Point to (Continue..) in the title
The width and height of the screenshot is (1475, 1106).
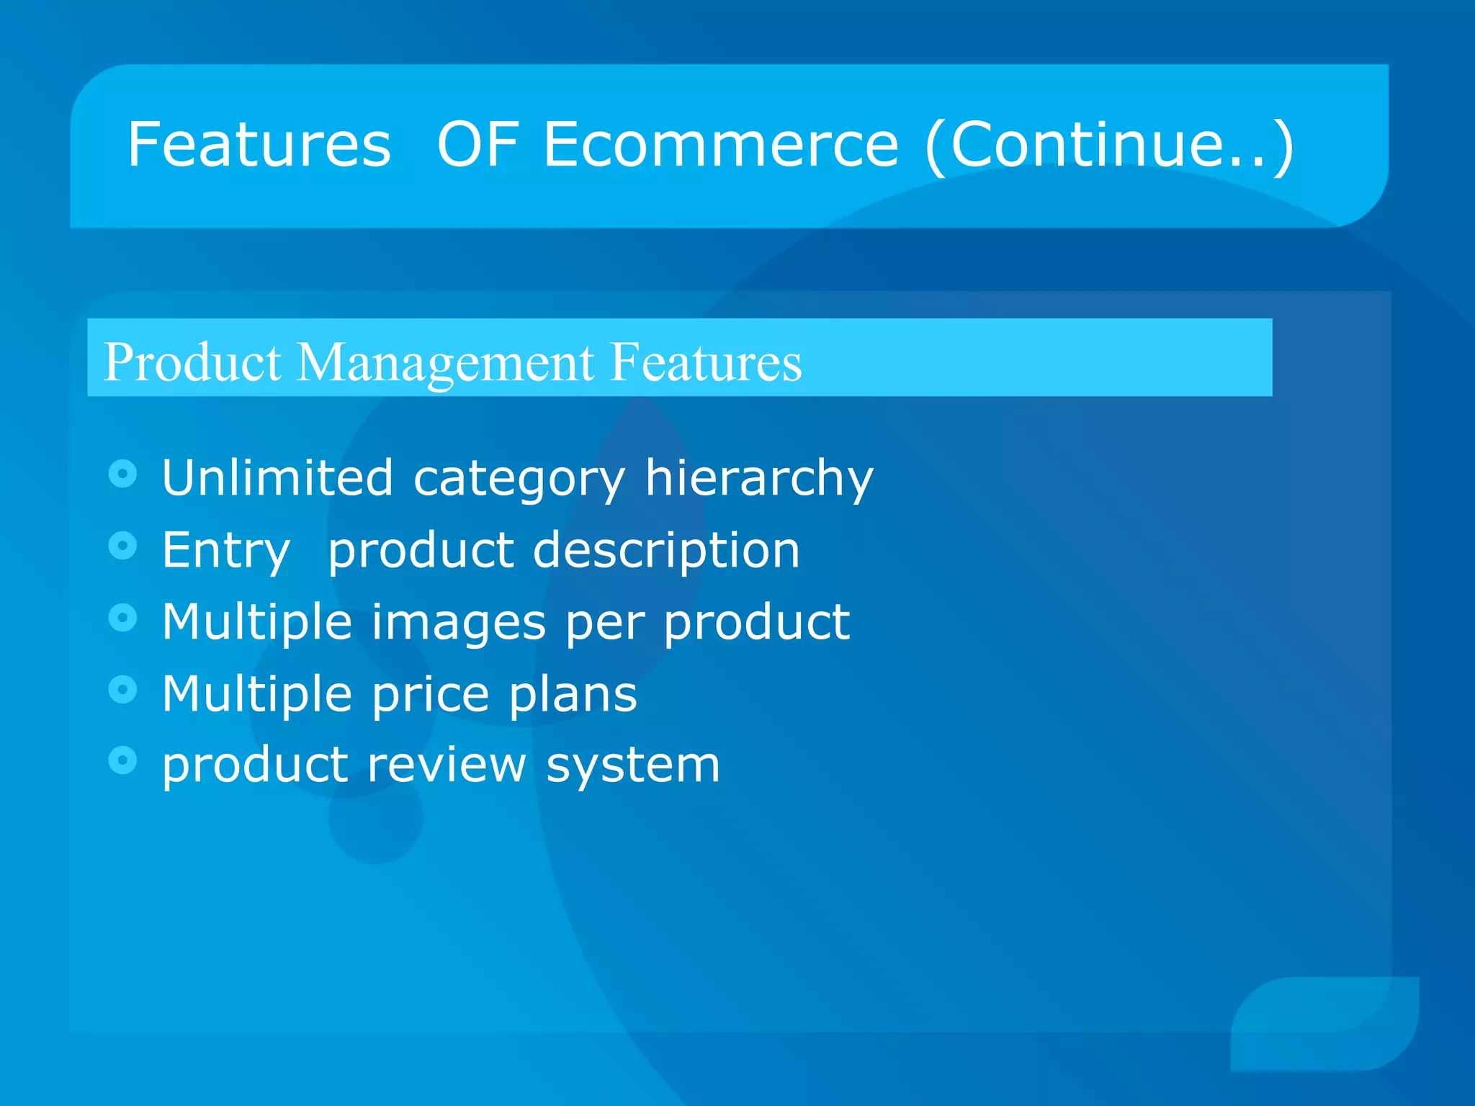pyautogui.click(x=1109, y=146)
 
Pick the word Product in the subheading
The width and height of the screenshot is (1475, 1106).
pyautogui.click(x=192, y=362)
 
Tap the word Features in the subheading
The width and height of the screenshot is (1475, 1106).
pyautogui.click(x=705, y=362)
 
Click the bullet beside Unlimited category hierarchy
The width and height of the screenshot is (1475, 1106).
pyautogui.click(x=123, y=474)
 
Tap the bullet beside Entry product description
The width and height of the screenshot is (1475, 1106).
pyautogui.click(x=123, y=546)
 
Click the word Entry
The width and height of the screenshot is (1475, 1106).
pyautogui.click(x=225, y=552)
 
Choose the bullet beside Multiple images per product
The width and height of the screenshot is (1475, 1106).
pyautogui.click(x=123, y=618)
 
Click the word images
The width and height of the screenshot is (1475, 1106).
pyautogui.click(x=458, y=623)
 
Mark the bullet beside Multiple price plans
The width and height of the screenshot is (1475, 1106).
pyautogui.click(x=123, y=690)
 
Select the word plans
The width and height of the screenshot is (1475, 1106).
pyautogui.click(x=573, y=694)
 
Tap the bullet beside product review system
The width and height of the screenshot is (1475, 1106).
pyautogui.click(x=123, y=760)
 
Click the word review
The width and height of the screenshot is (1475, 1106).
pyautogui.click(x=447, y=765)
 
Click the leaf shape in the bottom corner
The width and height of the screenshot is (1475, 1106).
pyautogui.click(x=1325, y=1022)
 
